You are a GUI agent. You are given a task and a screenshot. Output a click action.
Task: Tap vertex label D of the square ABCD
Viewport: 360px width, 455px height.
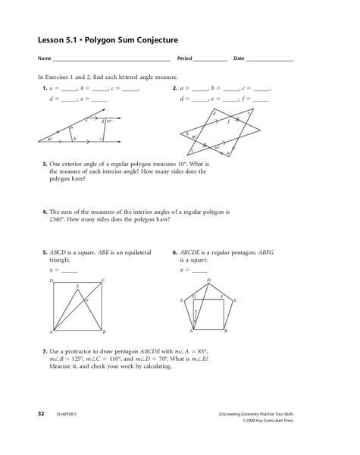coord(51,280)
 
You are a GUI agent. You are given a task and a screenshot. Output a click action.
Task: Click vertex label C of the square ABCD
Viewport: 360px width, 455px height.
coord(103,280)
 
